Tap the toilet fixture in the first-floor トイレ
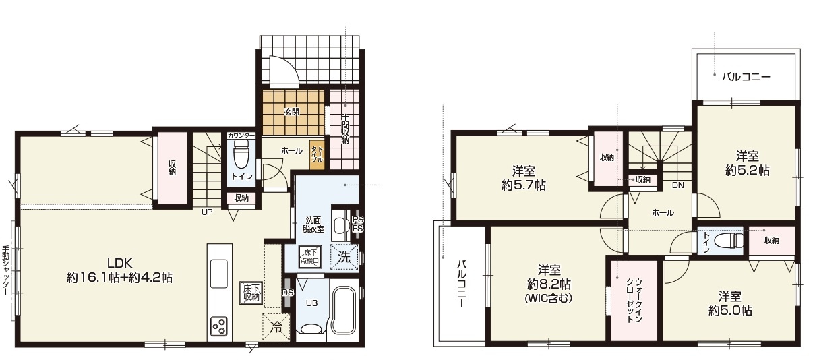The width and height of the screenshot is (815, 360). click(x=241, y=158)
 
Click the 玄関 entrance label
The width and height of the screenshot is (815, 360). click(x=291, y=112)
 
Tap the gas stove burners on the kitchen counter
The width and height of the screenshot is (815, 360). click(x=220, y=327)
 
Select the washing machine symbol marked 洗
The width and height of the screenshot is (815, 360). click(x=344, y=256)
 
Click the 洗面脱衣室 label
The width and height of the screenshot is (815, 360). click(x=314, y=224)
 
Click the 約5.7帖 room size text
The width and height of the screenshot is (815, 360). click(x=524, y=185)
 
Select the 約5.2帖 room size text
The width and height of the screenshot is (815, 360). click(x=747, y=171)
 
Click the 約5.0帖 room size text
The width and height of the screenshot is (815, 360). click(x=731, y=311)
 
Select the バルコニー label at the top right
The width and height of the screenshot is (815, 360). click(x=746, y=77)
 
